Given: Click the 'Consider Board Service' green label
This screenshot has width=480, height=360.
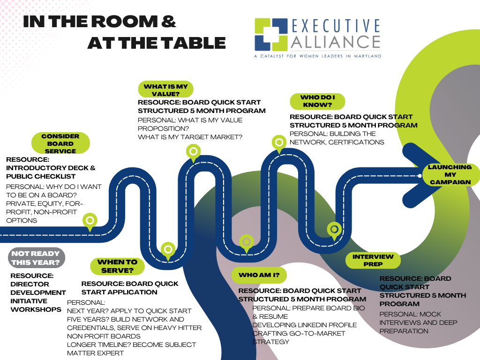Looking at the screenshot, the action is point(60,143).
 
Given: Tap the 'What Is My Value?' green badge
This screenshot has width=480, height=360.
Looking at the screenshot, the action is point(165,90).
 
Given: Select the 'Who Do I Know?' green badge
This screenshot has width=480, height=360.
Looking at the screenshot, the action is point(317,101).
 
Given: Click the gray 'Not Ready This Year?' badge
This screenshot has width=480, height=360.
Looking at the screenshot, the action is point(37,258).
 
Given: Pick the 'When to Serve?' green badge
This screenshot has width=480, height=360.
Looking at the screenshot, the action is point(117,266).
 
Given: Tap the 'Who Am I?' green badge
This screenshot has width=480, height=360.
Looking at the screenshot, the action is point(259,275).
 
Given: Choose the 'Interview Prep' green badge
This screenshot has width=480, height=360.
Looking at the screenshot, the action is point(373,261).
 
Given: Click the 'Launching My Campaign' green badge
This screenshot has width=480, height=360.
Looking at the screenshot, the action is point(450,174).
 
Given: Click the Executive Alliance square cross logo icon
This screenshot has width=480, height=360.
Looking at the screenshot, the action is point(271,35).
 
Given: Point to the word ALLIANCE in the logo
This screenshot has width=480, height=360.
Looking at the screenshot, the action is point(335,42).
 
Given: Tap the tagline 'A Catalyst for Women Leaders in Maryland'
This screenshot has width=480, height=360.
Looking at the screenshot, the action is point(317,56).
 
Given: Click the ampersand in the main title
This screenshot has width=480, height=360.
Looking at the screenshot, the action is point(168,22).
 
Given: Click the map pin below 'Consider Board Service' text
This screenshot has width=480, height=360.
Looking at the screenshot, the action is point(90,222).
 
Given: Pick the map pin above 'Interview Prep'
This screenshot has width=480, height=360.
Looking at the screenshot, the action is point(334,231).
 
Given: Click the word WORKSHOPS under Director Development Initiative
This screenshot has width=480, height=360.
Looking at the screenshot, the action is point(36,309).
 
